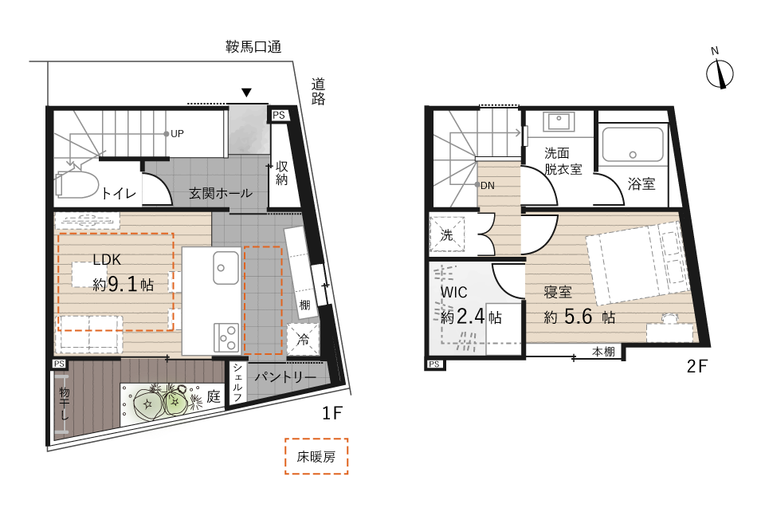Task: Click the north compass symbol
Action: point(720,73)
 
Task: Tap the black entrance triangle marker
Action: point(246,93)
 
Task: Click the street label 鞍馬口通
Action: point(253,47)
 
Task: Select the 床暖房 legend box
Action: point(316,456)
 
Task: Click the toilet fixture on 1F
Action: point(76,183)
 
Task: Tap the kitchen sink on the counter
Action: point(226,268)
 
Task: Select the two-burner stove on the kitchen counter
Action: point(226,337)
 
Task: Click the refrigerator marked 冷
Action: point(303,339)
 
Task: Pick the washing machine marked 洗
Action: point(446,234)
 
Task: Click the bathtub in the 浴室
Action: point(632,144)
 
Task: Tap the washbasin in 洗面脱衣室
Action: point(558,120)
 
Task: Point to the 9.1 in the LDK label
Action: point(123,283)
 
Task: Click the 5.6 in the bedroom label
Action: point(579,317)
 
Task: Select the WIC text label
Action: point(453,292)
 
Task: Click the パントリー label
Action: point(285,377)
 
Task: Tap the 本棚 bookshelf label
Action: point(603,351)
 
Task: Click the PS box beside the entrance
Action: point(279,116)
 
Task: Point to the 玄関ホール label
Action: point(221,193)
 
